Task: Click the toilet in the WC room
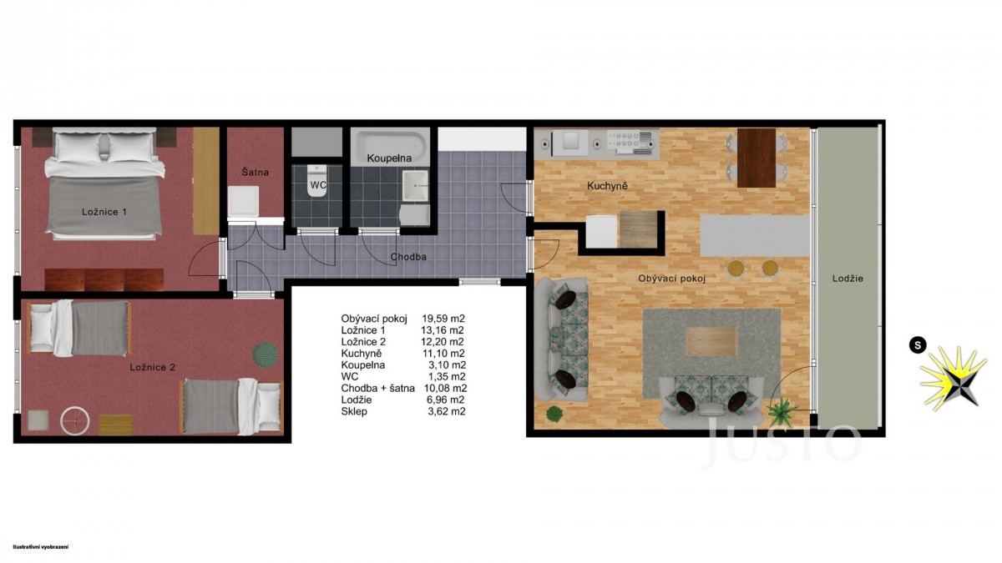point(317,180)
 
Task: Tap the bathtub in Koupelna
point(390,146)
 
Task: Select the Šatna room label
point(255,172)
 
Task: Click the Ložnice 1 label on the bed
point(104,212)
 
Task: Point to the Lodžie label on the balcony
point(848,279)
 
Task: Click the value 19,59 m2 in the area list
point(443,319)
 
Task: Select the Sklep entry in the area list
point(354,411)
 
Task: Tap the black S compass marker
point(918,345)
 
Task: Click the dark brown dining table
point(757,158)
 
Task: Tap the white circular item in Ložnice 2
point(74,421)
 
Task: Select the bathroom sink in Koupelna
point(415,185)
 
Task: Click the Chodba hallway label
point(408,257)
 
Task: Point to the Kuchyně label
point(607,186)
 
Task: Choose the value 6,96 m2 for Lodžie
point(446,400)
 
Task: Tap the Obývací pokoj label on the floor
point(671,279)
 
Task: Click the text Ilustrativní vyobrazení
point(41,547)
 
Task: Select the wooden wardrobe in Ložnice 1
point(206,180)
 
